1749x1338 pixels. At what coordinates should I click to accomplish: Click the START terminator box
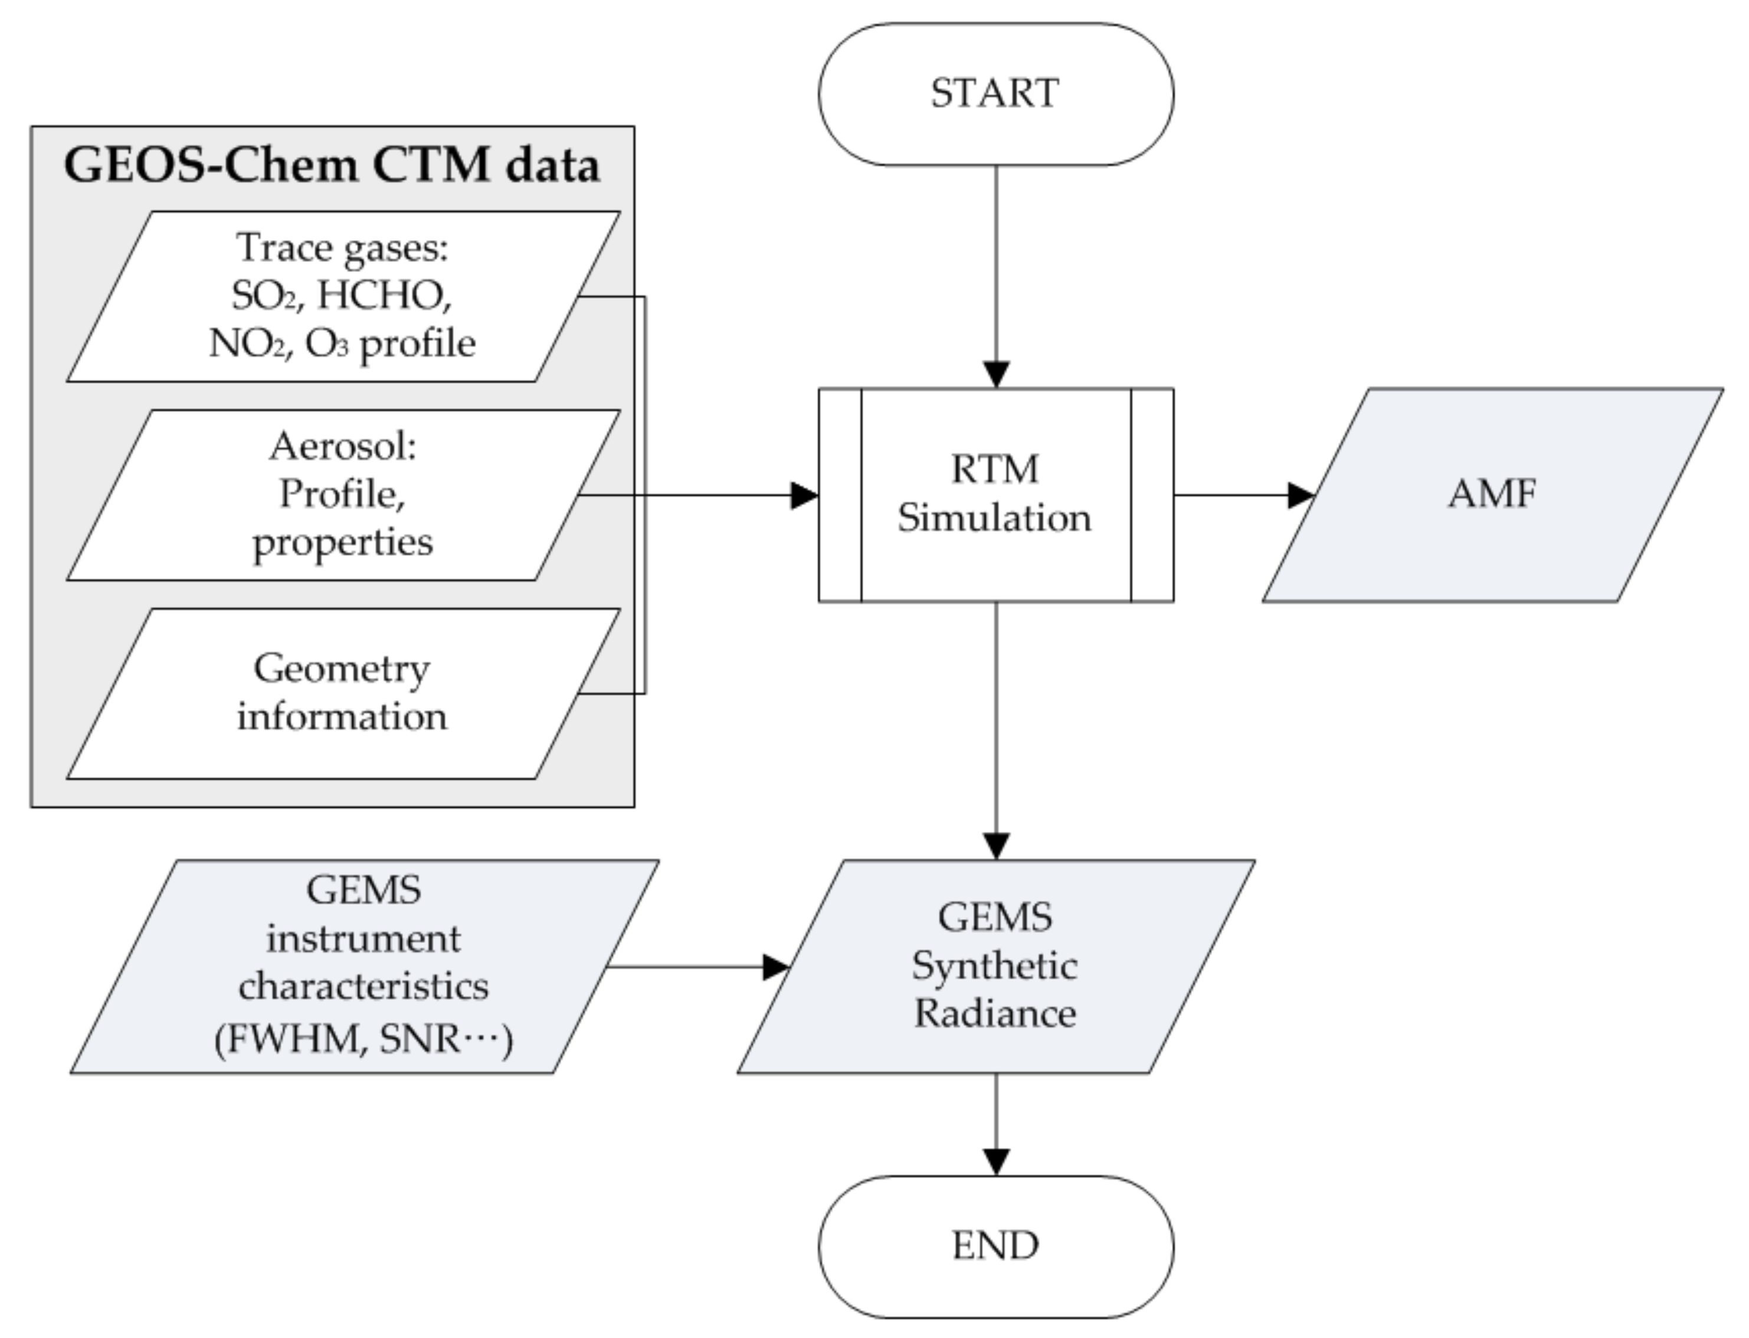click(x=995, y=94)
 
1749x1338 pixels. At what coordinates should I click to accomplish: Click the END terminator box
click(x=995, y=1245)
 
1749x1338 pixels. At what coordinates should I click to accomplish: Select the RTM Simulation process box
click(x=995, y=494)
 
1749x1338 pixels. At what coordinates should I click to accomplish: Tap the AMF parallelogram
click(x=1491, y=494)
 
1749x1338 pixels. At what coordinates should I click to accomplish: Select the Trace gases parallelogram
click(x=342, y=296)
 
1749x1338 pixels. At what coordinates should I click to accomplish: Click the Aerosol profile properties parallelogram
click(x=342, y=494)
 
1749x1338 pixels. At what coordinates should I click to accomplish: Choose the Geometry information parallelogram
click(x=342, y=693)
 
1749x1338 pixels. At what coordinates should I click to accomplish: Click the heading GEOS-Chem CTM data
click(x=331, y=166)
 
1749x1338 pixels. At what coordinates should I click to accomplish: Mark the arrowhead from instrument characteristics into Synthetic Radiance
click(x=775, y=967)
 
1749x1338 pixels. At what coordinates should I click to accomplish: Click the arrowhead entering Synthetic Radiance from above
click(x=995, y=846)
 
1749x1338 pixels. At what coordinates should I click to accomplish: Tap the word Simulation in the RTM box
click(x=994, y=519)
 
